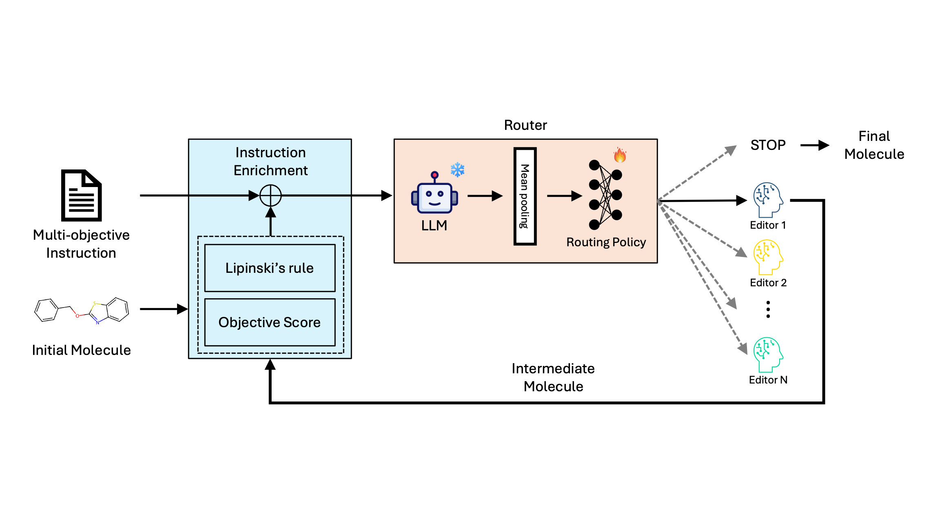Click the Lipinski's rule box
click(x=270, y=268)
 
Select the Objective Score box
click(x=270, y=322)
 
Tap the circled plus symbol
click(x=270, y=196)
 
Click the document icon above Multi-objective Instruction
click(x=81, y=195)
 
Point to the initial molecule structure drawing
click(x=82, y=311)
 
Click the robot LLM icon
click(x=434, y=192)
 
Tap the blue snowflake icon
click(x=457, y=169)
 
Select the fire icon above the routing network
click(x=620, y=155)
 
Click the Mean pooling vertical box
click(x=525, y=196)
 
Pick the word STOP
click(x=768, y=145)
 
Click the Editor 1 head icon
click(x=768, y=200)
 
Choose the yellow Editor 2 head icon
click(x=768, y=257)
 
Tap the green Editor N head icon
click(x=768, y=355)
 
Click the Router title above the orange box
click(x=525, y=125)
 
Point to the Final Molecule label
click(x=874, y=145)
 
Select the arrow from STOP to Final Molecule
click(x=815, y=145)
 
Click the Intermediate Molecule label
click(x=553, y=377)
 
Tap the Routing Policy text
click(x=606, y=242)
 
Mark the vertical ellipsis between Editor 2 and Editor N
click(x=768, y=309)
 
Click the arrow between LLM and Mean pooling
click(x=485, y=196)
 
